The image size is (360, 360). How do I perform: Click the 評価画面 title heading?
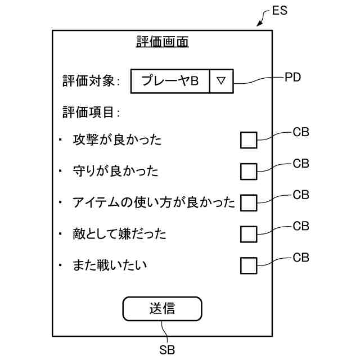tap(163, 42)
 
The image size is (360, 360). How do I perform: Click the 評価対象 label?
tap(91, 81)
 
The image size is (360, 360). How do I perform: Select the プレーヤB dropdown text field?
tap(170, 81)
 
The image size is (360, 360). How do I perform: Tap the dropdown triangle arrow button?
tap(221, 81)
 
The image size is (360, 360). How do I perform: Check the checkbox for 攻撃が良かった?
tap(249, 140)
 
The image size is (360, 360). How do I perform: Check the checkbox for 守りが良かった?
tap(249, 171)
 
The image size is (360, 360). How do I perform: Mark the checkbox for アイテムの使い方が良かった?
tap(249, 202)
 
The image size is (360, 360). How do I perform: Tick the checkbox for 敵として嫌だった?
tap(249, 233)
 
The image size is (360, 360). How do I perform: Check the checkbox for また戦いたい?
tap(249, 265)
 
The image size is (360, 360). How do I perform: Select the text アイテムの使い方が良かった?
tap(154, 202)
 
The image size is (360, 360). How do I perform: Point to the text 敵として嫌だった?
tap(119, 233)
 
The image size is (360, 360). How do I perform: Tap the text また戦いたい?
tap(110, 265)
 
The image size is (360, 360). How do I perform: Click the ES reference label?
tap(280, 11)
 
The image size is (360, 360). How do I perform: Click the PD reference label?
tap(293, 78)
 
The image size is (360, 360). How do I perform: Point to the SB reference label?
tap(167, 349)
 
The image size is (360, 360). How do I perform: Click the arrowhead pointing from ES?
tap(259, 24)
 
